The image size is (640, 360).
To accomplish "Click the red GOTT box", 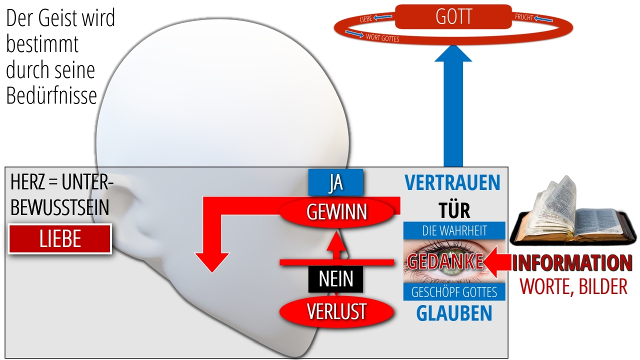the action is (453, 16).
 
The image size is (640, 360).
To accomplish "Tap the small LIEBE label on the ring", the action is (365, 19).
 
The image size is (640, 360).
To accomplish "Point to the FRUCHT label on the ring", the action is (524, 17).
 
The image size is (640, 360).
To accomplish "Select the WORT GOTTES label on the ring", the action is (382, 37).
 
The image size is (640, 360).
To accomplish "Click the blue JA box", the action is (335, 182).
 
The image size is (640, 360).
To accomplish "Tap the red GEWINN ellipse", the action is (336, 212).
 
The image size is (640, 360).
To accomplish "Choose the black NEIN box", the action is (335, 279).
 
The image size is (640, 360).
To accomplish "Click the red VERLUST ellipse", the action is (336, 311).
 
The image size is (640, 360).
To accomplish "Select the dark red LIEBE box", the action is (59, 239).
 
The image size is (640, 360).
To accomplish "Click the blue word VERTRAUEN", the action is (452, 182).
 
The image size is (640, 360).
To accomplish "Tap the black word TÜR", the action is (454, 210).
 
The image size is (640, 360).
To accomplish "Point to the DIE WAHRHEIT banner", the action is (454, 230).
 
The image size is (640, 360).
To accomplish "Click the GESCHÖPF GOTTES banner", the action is (454, 292).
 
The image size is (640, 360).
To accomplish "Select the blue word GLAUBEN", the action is (454, 313).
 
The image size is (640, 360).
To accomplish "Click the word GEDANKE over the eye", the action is (445, 261).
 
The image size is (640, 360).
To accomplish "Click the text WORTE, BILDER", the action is (573, 286).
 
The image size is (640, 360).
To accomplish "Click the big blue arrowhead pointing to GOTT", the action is (453, 53).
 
